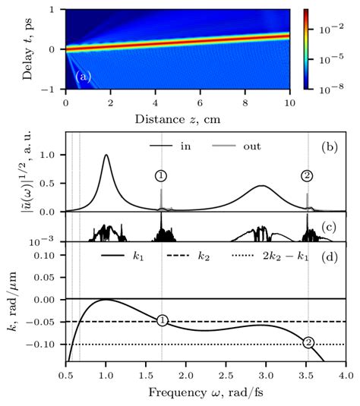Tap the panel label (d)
click(330, 258)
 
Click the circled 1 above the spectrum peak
click(161, 176)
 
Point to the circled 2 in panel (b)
click(308, 176)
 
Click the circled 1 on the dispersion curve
click(162, 321)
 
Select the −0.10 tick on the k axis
click(46, 345)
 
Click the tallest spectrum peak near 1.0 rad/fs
click(106, 156)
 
